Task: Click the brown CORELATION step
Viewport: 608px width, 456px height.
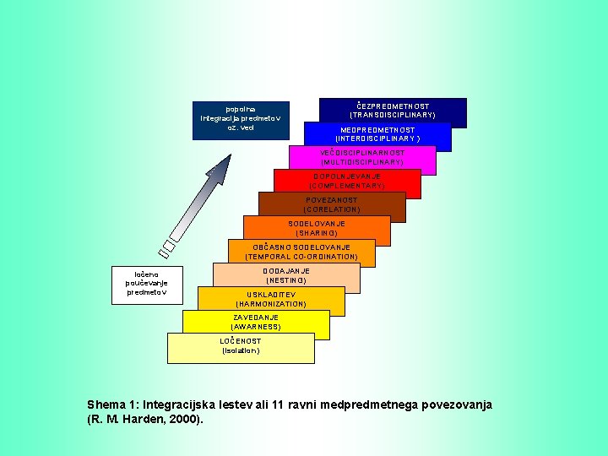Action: [332, 204]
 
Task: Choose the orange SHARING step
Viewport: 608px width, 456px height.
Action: [317, 228]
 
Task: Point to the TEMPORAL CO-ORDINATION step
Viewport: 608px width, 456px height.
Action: [301, 252]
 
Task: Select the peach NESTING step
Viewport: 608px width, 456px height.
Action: [286, 275]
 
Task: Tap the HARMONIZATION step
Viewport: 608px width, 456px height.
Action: [271, 299]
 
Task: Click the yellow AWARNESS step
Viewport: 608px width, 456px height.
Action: [256, 322]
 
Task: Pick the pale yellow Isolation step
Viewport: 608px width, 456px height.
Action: [241, 345]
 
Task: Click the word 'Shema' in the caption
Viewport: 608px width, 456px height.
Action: [106, 405]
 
